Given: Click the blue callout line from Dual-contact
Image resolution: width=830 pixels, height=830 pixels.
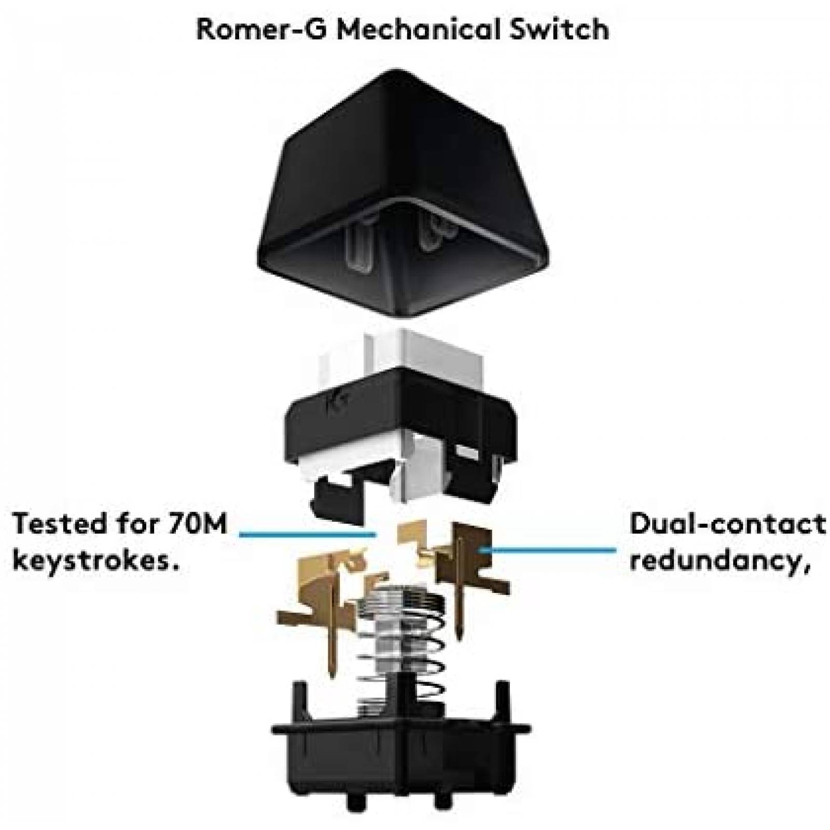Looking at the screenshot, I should coord(550,549).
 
